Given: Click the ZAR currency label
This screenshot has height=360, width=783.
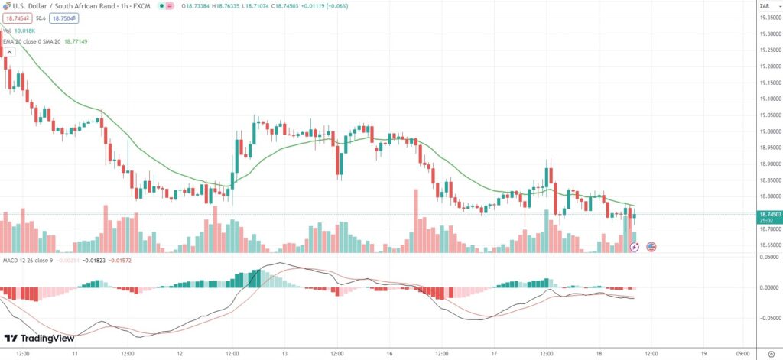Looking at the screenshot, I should tap(764, 5).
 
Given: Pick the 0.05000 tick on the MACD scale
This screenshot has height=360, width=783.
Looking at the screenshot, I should tap(767, 258).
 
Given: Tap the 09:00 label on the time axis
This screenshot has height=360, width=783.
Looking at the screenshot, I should tap(743, 353).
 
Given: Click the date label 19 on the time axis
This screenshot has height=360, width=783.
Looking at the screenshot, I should tap(703, 353).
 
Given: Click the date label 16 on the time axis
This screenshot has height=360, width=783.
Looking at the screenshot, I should tap(389, 353).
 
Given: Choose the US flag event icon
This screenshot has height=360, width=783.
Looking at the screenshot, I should tap(651, 247).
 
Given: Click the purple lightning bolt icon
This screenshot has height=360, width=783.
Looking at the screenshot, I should tap(635, 247).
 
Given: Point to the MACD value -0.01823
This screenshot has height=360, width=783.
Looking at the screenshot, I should tap(93, 261).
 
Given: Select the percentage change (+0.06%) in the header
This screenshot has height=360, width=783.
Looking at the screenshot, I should tap(332, 5).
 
